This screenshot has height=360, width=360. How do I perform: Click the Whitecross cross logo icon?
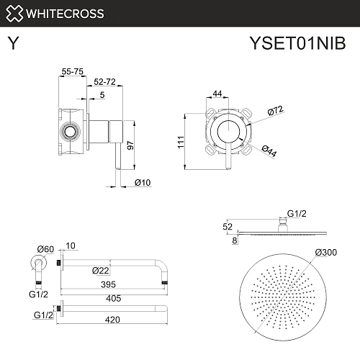click(14, 14)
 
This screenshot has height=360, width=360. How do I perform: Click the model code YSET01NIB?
click(297, 43)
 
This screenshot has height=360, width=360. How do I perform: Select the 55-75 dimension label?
click(72, 71)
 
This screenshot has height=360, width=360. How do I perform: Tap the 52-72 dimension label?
click(104, 82)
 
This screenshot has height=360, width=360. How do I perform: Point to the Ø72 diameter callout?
click(276, 110)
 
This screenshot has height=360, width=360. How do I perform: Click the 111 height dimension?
click(181, 142)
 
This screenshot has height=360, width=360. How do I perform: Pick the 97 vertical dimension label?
click(130, 145)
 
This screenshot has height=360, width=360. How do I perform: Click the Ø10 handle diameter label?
click(143, 183)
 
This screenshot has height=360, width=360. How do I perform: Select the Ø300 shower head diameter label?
click(326, 252)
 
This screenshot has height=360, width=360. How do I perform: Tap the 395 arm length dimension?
click(108, 284)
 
